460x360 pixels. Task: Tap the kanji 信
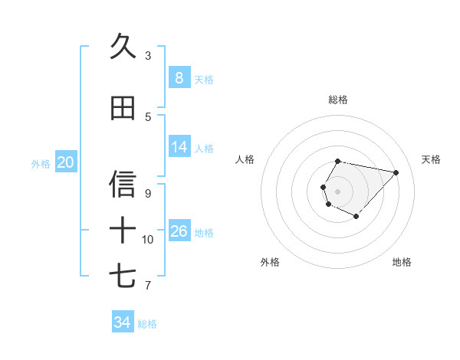(x=123, y=184)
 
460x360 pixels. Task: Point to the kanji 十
(x=123, y=230)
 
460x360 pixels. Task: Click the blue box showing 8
(x=179, y=77)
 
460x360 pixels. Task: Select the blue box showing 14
(x=179, y=147)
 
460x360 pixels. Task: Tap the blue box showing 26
(x=179, y=231)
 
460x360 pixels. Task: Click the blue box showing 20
(x=66, y=162)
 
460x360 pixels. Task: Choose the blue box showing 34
(x=122, y=322)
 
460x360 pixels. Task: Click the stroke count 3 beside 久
(x=148, y=56)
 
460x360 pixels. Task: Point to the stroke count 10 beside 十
(x=148, y=240)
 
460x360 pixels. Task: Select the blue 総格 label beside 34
(x=147, y=324)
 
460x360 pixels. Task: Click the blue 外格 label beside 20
(x=41, y=163)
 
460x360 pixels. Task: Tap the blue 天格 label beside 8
(x=204, y=79)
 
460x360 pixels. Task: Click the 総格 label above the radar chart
(x=338, y=100)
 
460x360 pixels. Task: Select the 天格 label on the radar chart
(x=431, y=159)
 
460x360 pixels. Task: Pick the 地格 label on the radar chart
(x=402, y=262)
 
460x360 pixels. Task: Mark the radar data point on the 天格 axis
(x=396, y=172)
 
